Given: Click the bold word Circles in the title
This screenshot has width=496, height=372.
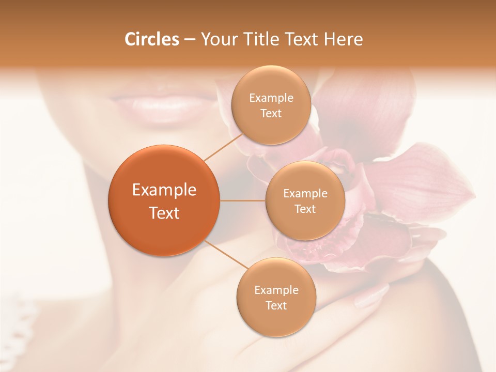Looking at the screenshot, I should pyautogui.click(x=152, y=39).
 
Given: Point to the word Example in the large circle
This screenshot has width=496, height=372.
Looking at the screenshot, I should pyautogui.click(x=164, y=190).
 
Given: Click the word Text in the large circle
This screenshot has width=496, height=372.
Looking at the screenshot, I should pyautogui.click(x=164, y=213).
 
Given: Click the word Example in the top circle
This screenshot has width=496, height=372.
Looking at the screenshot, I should pyautogui.click(x=271, y=98).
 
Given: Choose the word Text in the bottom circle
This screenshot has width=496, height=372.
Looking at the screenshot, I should pyautogui.click(x=276, y=306).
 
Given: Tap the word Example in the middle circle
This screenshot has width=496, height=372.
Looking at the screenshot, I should pyautogui.click(x=305, y=194).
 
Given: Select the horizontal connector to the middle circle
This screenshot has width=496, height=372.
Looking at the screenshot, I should pyautogui.click(x=243, y=200).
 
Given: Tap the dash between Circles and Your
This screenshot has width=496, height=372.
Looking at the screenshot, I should pyautogui.click(x=189, y=40).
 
